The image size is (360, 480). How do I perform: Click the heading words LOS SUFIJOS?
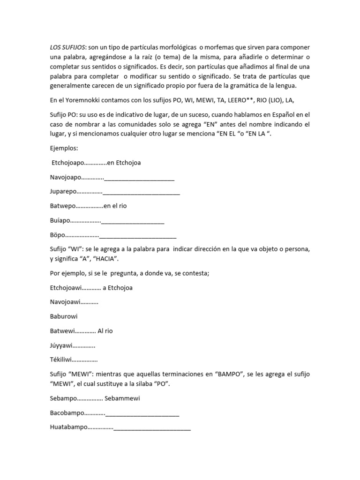point(68,48)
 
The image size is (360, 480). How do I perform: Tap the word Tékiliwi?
point(62,360)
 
